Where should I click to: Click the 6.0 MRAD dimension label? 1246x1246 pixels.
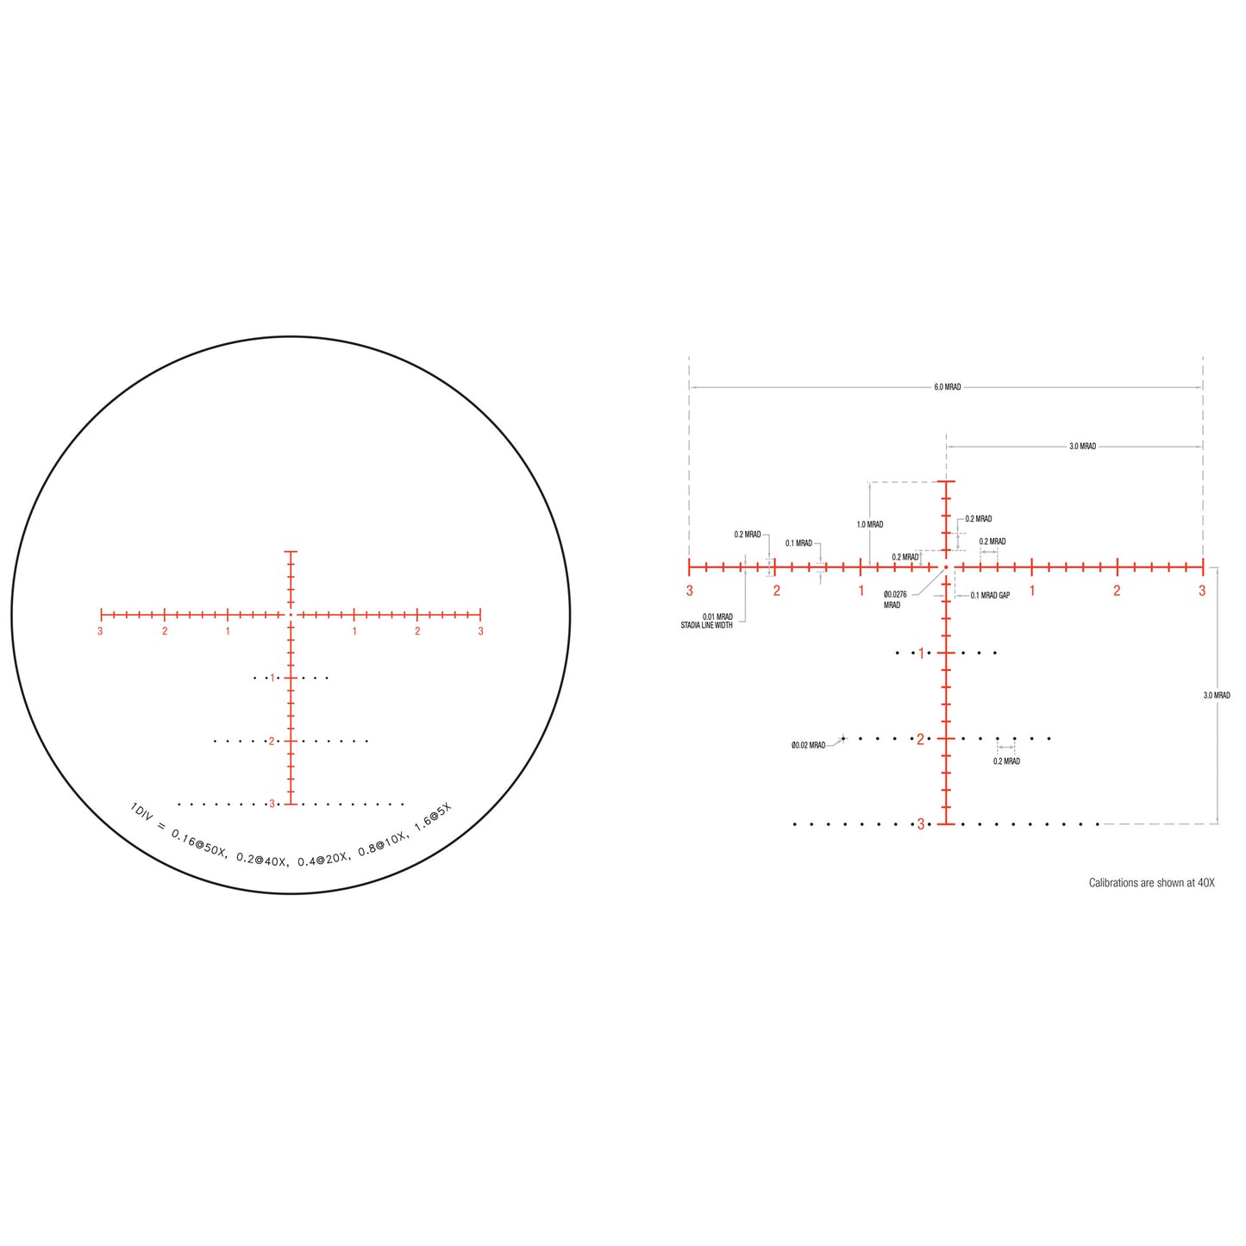coord(947,387)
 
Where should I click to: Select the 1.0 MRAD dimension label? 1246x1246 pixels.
coord(869,524)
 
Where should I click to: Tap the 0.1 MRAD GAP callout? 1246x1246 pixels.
coord(989,595)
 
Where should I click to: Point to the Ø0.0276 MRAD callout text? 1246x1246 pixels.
coord(895,599)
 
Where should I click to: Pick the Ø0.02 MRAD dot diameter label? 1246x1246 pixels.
coord(808,745)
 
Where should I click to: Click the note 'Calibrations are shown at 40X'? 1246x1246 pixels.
coord(1151,883)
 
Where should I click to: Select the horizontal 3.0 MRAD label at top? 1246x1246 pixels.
coord(1082,447)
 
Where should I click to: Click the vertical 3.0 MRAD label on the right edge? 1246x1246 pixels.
coord(1217,695)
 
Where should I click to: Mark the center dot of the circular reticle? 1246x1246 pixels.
coord(291,614)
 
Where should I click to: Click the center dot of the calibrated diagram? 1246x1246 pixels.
coord(946,567)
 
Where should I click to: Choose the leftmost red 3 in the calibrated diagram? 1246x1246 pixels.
coord(689,591)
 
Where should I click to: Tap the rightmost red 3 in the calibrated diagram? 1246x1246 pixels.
coord(1201,591)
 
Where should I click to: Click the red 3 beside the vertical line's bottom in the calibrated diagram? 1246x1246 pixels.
coord(920,824)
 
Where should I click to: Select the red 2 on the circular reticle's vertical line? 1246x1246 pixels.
coord(271,741)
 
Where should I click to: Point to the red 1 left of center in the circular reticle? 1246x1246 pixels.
coord(228,631)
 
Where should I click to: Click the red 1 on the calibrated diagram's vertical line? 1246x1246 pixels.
coord(920,653)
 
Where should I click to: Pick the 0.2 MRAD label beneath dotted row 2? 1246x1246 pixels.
coord(1006,761)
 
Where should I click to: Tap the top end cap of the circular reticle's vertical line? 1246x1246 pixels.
coord(291,550)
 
